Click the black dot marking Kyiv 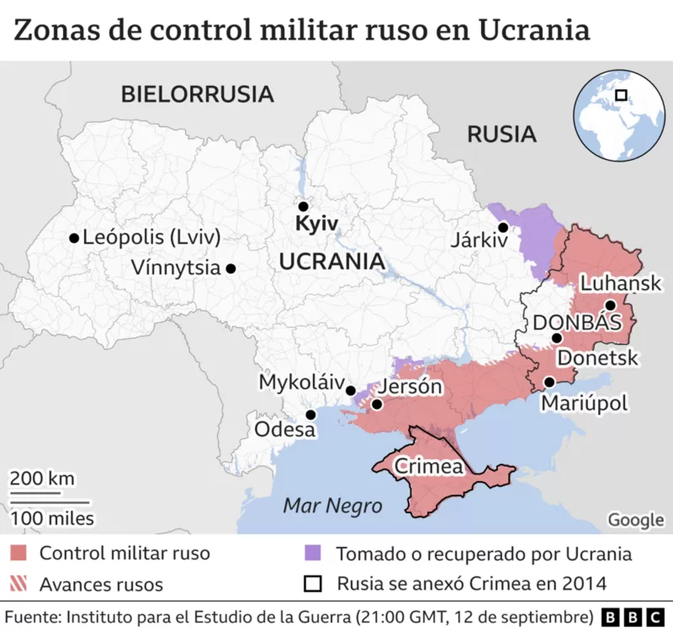pos(303,206)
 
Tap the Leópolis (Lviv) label pos(151,237)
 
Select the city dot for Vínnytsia pos(230,269)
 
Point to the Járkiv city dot pos(503,227)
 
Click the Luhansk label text pos(620,283)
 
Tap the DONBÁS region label pos(577,323)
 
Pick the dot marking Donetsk pos(556,338)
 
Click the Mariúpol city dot pos(550,382)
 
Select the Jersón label pos(411,386)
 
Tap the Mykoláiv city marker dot pos(351,390)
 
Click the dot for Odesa pos(310,414)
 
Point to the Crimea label pos(429,466)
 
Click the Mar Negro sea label pos(333,506)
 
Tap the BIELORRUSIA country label pos(197,94)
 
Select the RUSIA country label pos(502,135)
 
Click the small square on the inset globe pos(621,95)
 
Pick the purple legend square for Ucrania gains pos(312,553)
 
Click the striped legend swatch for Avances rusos pos(19,584)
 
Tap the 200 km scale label pos(42,478)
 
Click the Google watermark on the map pos(636,520)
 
